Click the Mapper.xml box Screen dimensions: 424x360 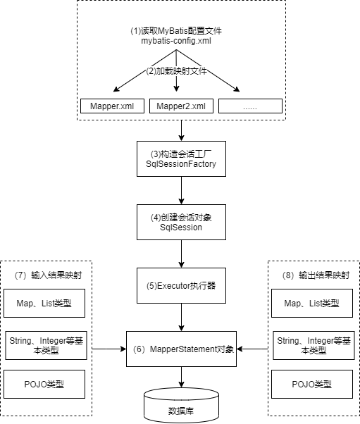click(x=112, y=106)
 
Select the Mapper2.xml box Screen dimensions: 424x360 click(x=181, y=106)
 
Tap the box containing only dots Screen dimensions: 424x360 click(x=250, y=106)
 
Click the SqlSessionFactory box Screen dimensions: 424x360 click(x=182, y=158)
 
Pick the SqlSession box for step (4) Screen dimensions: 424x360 click(x=182, y=222)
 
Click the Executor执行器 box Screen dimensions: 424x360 click(x=182, y=287)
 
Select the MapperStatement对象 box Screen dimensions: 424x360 click(x=182, y=348)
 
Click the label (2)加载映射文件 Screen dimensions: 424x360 click(x=181, y=71)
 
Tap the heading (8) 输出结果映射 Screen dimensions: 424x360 click(x=314, y=273)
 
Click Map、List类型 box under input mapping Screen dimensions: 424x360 click(x=46, y=303)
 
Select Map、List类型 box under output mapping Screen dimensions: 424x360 click(x=313, y=303)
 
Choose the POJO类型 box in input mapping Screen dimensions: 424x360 click(x=46, y=385)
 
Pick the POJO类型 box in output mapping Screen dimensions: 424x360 click(x=313, y=385)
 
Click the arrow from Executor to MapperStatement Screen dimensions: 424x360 click(x=182, y=317)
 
